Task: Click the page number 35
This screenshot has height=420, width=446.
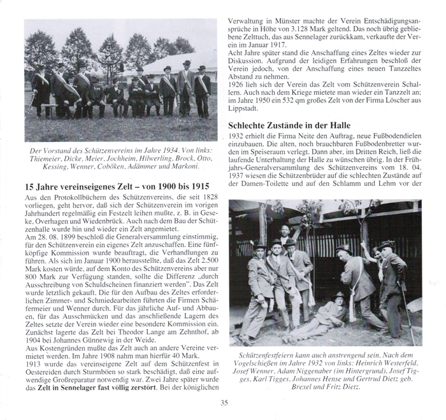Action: pyautogui.click(x=223, y=402)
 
